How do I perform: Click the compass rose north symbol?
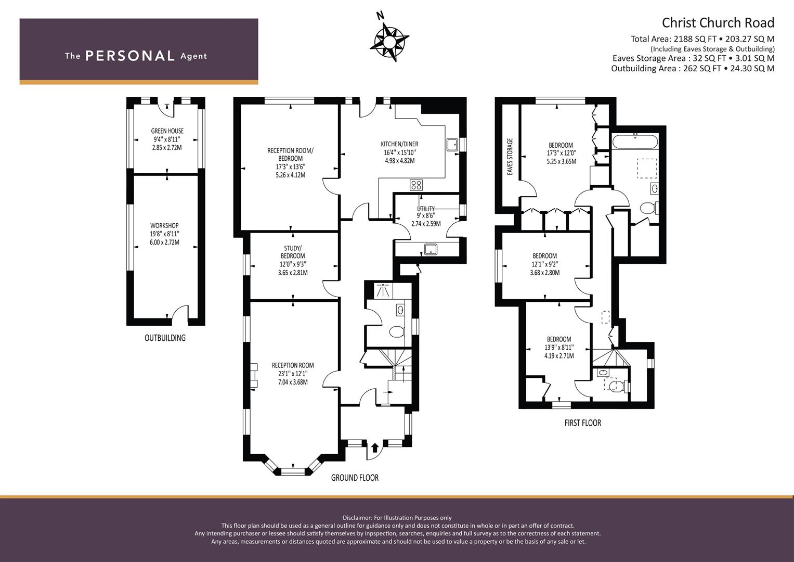coord(389,41)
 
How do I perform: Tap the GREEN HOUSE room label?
coord(167,131)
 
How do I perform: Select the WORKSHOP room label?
coord(164,226)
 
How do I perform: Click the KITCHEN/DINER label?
coord(399,144)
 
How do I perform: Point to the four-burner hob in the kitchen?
coord(416,185)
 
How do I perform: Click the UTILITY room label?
coord(426,209)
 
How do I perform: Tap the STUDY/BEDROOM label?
coord(292,252)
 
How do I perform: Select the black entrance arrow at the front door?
coord(375,447)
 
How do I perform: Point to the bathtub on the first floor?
coord(635,141)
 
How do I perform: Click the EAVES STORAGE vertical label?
coord(510,157)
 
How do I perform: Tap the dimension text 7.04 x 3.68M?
coord(293,382)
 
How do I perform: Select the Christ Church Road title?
coord(718,23)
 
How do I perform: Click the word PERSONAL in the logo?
coord(130,56)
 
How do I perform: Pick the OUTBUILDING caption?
coord(165,338)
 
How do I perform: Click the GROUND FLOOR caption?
coord(355,478)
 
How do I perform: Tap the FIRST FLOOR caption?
coord(583,423)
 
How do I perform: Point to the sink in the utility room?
coord(431,249)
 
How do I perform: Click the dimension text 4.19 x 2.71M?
coord(559,356)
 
